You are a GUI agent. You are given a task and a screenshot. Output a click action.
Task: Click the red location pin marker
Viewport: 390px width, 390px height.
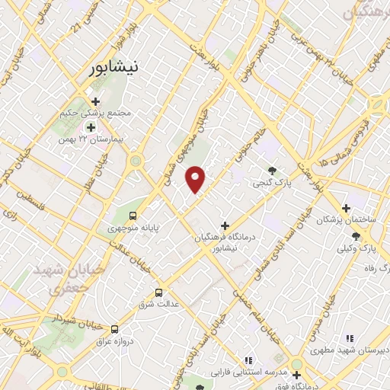196,178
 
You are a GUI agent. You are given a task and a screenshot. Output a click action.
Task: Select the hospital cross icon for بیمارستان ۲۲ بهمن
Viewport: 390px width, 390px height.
91,128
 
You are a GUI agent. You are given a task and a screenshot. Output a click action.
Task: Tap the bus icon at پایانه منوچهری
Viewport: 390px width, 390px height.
134,216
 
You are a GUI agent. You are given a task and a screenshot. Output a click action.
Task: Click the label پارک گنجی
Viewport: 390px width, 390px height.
273,184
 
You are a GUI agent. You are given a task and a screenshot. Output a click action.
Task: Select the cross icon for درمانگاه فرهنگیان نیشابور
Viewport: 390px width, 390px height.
224,226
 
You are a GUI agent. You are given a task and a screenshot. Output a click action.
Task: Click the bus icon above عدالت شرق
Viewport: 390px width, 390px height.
159,292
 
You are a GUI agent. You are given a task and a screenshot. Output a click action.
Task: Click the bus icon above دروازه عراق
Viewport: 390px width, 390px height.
114,330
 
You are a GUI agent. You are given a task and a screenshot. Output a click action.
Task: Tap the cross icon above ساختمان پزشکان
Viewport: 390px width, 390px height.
346,208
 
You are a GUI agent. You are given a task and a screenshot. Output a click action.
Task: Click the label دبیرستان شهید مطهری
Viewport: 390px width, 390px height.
347,350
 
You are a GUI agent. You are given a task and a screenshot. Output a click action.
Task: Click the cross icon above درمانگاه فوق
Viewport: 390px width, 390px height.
296,374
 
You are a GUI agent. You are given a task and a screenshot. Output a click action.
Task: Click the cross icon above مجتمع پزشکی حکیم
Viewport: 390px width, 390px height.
95,101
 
